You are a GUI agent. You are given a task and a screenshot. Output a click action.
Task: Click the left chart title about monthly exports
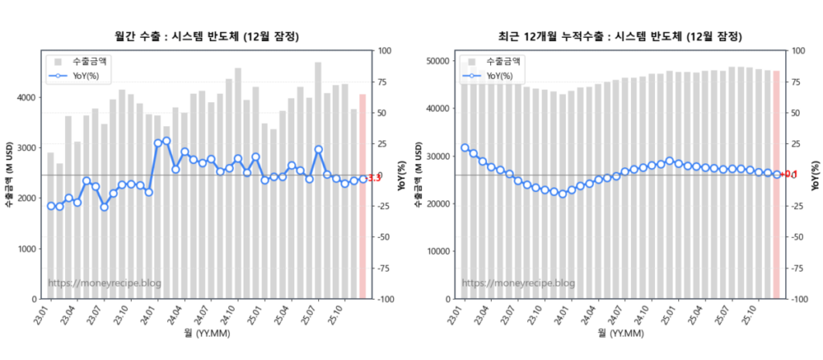207,36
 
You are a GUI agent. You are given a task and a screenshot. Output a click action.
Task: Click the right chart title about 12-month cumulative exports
620,36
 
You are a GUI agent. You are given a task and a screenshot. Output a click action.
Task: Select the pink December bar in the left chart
362,197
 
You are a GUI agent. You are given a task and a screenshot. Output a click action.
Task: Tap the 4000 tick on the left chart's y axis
26,97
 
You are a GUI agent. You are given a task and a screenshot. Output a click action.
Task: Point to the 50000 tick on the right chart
436,60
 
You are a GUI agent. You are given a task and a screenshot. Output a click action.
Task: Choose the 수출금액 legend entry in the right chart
499,61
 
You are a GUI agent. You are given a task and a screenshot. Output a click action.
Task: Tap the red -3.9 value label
375,178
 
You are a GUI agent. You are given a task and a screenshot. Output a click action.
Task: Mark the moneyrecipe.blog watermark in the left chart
104,283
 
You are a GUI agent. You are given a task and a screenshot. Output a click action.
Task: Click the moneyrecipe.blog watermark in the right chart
518,283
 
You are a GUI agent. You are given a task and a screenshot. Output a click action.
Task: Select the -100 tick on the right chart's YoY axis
800,299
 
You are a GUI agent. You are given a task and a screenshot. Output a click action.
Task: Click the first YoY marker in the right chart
465,148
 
